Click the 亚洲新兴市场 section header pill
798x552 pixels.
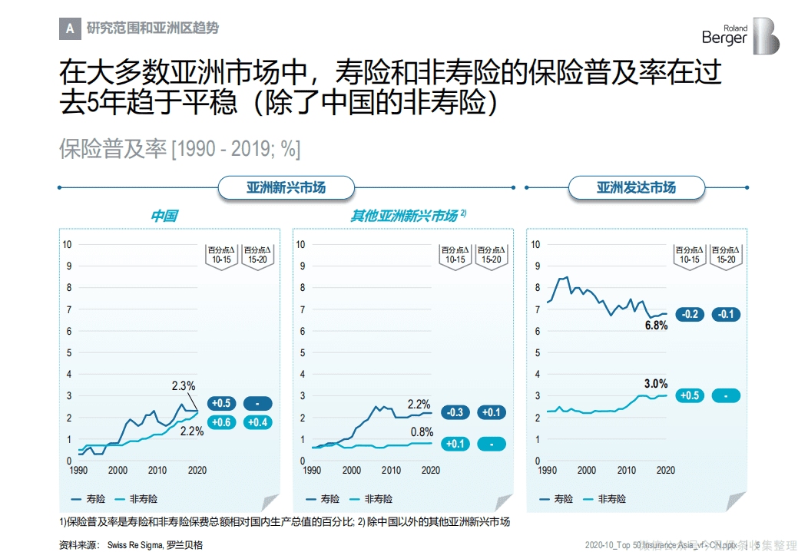pos(286,187)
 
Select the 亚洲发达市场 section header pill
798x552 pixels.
pos(636,187)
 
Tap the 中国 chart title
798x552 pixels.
pos(164,216)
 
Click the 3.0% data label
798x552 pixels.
pos(655,383)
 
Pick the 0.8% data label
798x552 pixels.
pos(422,431)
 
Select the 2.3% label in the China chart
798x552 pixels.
pos(184,385)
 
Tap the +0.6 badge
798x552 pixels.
pos(221,421)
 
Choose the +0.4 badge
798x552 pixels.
pos(257,421)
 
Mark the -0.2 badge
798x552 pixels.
pos(690,314)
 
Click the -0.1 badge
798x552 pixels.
pos(726,314)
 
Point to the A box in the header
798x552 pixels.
pos(70,28)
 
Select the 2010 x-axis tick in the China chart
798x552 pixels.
pos(157,470)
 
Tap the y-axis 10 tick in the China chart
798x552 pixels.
pos(68,245)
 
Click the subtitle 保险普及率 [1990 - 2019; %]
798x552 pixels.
pos(179,149)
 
